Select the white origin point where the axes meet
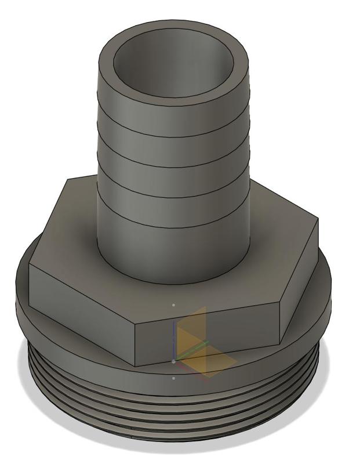coord(174,361)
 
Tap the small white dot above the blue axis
coord(174,304)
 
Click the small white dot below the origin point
coord(174,378)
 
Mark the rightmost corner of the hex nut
coord(318,220)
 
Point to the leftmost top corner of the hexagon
coord(67,179)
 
